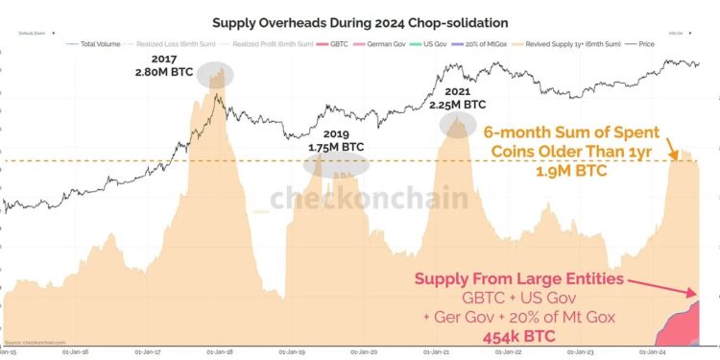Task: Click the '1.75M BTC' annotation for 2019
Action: (335, 147)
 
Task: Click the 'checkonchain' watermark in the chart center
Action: (370, 199)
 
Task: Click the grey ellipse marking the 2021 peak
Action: (458, 124)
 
